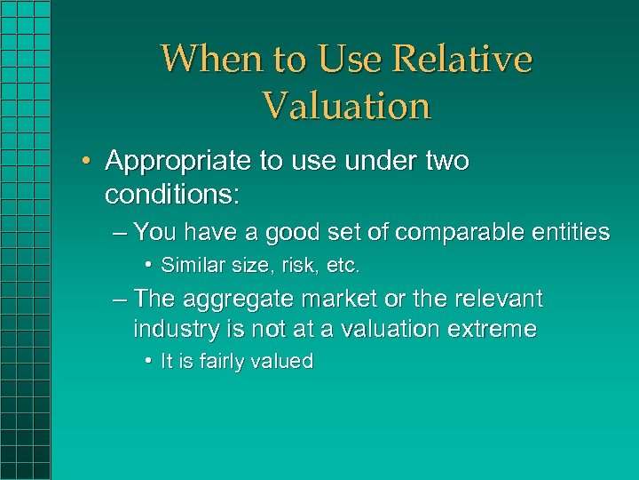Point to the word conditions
pyautogui.click(x=168, y=192)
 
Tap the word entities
pyautogui.click(x=572, y=233)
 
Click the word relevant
pyautogui.click(x=500, y=299)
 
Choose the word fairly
pyautogui.click(x=217, y=362)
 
